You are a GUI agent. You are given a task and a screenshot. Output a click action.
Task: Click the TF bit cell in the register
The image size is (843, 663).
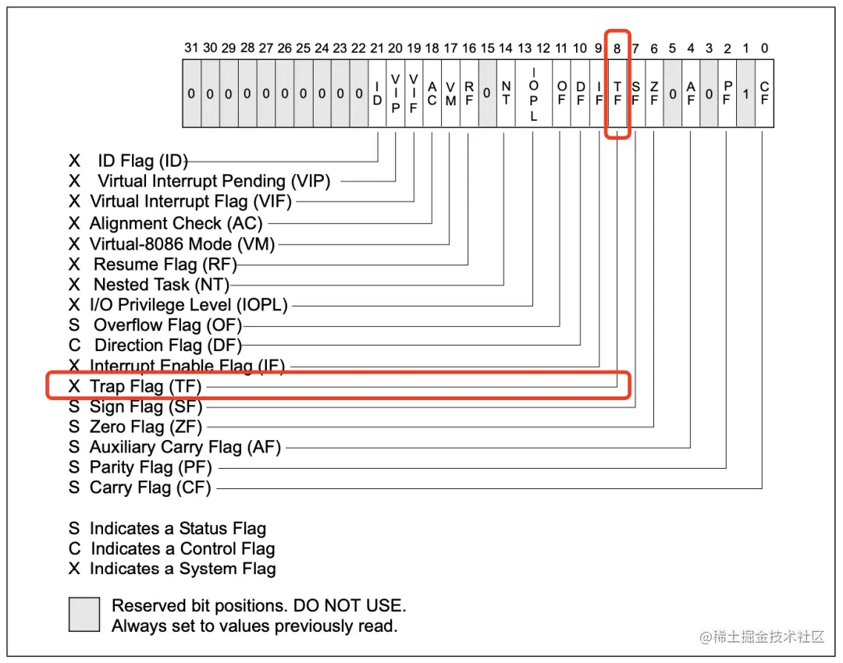tap(617, 94)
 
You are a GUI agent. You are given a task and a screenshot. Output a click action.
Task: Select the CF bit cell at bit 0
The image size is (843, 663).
tap(764, 94)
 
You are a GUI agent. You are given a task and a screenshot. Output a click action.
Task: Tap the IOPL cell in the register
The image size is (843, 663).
tap(534, 94)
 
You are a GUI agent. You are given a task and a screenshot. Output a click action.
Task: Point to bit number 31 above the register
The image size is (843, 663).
tap(191, 48)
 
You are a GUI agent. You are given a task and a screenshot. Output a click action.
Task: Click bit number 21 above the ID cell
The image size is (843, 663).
tap(377, 48)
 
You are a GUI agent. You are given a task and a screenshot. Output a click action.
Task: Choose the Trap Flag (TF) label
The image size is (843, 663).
tap(145, 386)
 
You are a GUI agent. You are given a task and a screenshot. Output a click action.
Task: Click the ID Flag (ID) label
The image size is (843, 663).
tap(142, 161)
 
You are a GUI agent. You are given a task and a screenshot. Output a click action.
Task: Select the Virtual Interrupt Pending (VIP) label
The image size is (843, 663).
tap(213, 182)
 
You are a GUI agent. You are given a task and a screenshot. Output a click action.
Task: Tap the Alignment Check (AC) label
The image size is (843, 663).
tap(176, 223)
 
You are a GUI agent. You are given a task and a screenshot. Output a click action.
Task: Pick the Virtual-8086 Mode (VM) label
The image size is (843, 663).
tap(182, 244)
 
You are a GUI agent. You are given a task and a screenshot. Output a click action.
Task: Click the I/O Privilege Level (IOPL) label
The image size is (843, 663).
tap(188, 305)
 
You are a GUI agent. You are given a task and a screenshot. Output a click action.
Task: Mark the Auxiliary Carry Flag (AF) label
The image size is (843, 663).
tap(185, 448)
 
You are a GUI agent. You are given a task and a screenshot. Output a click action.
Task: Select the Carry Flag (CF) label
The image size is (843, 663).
tap(150, 488)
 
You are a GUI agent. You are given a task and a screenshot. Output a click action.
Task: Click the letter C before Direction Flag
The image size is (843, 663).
tap(74, 346)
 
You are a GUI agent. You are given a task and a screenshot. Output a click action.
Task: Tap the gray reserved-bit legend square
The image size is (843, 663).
tap(84, 615)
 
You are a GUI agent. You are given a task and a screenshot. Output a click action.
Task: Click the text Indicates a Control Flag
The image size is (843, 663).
tap(183, 549)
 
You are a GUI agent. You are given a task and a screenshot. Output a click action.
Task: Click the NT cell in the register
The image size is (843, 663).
tap(506, 94)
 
